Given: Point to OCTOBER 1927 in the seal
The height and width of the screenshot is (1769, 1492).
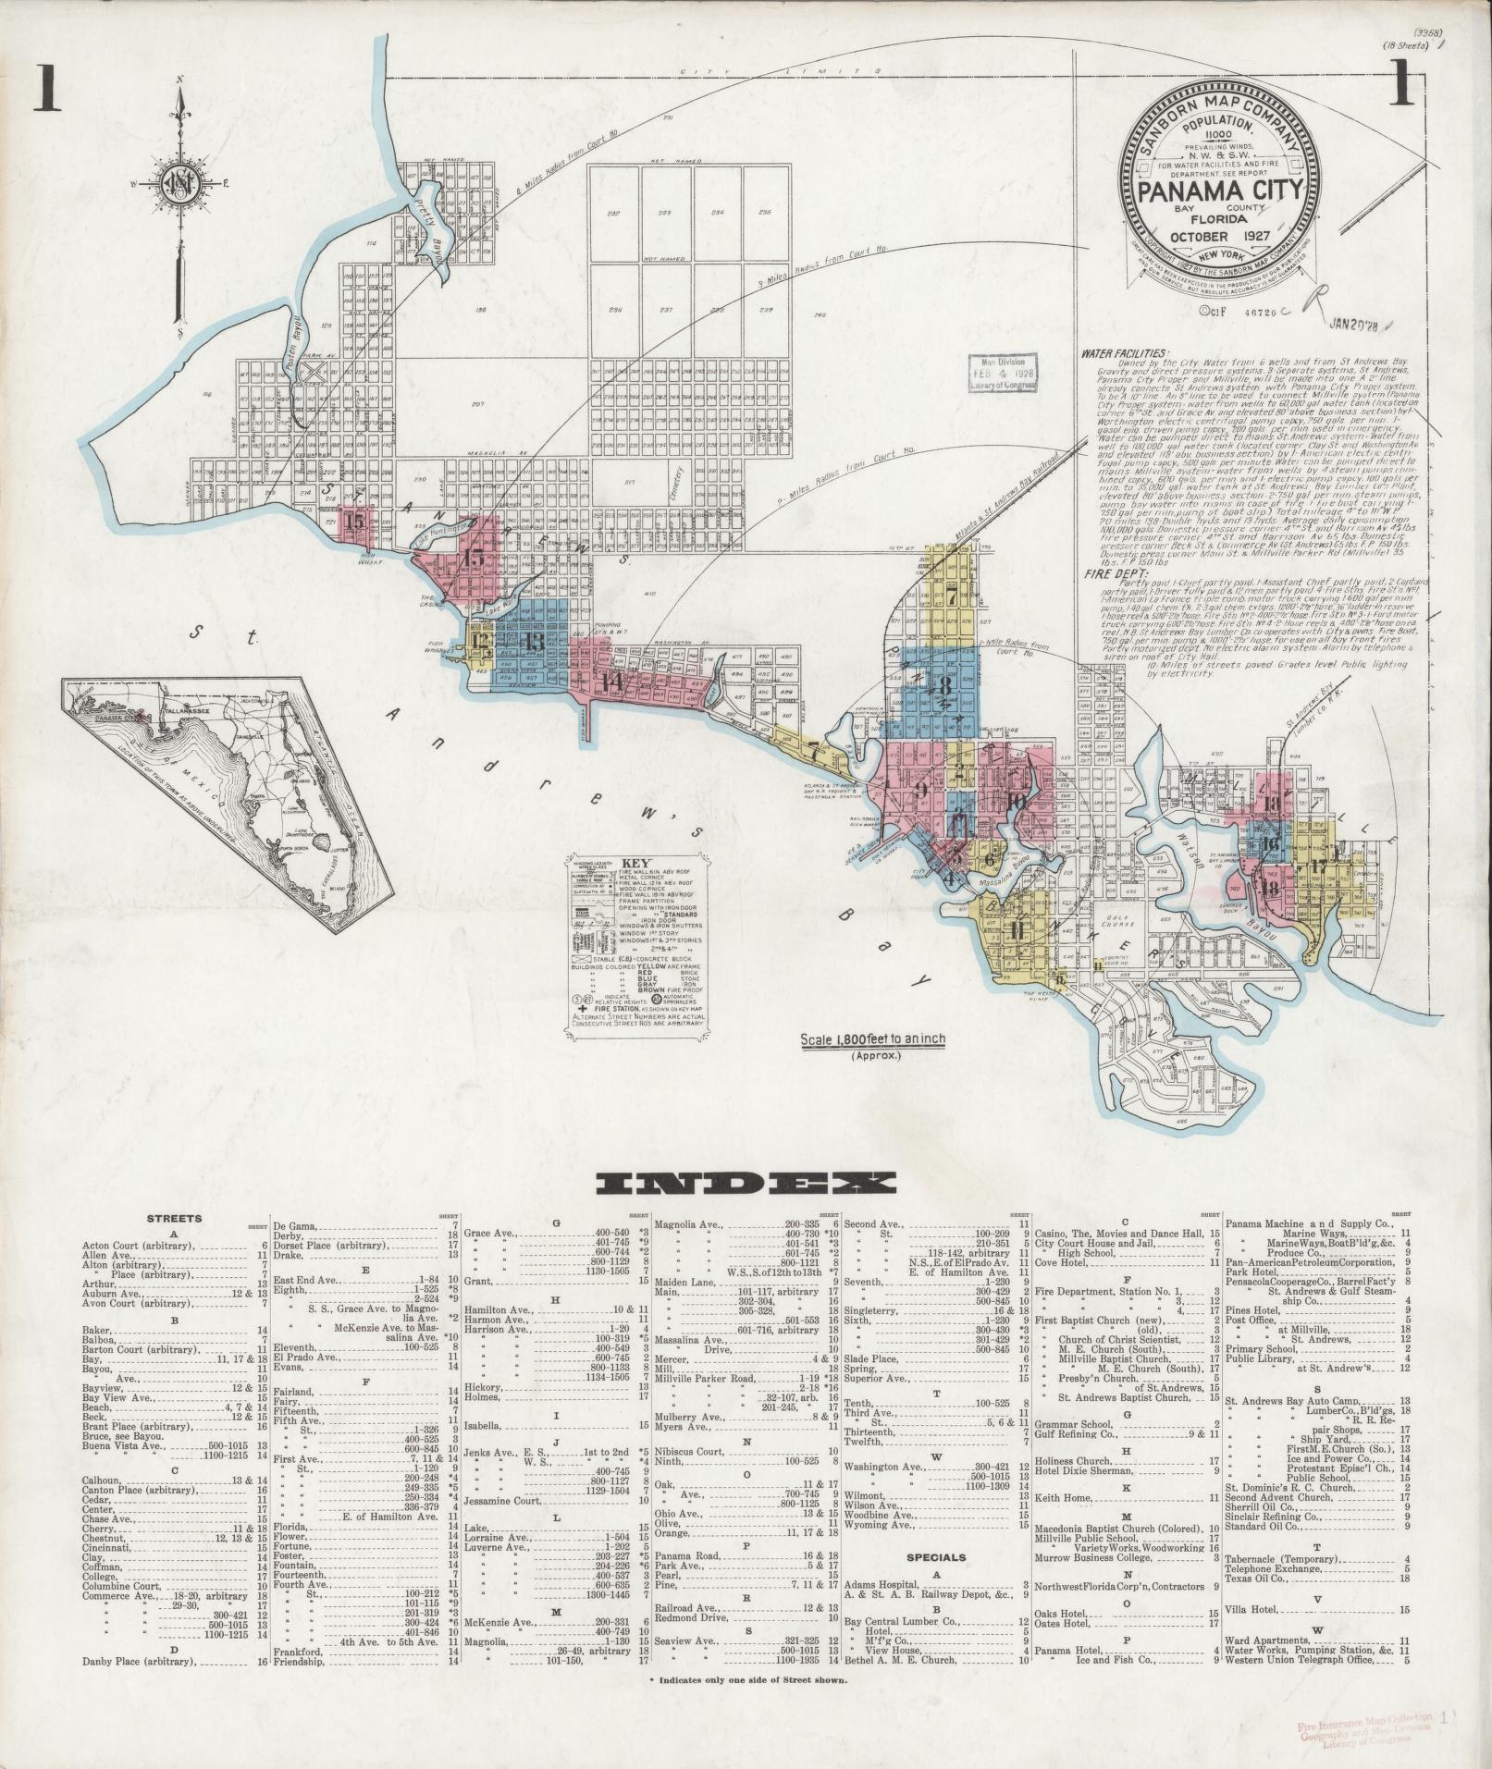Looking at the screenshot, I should click(1220, 239).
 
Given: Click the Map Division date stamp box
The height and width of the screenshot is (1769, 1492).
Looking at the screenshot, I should click(1001, 373).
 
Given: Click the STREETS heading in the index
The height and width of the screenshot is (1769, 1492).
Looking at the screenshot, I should click(174, 1219).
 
